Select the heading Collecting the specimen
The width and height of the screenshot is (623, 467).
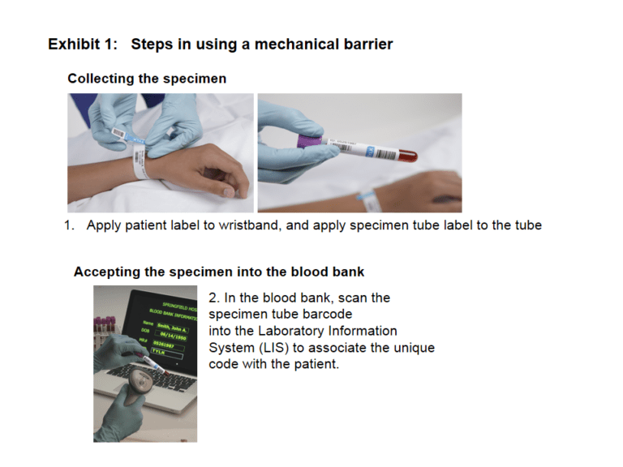point(147,79)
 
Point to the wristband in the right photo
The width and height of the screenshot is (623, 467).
point(369,195)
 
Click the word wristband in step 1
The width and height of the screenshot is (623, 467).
point(249,225)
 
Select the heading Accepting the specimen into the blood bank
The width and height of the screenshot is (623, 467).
point(219,272)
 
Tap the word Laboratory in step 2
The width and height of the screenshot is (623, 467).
point(289,331)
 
